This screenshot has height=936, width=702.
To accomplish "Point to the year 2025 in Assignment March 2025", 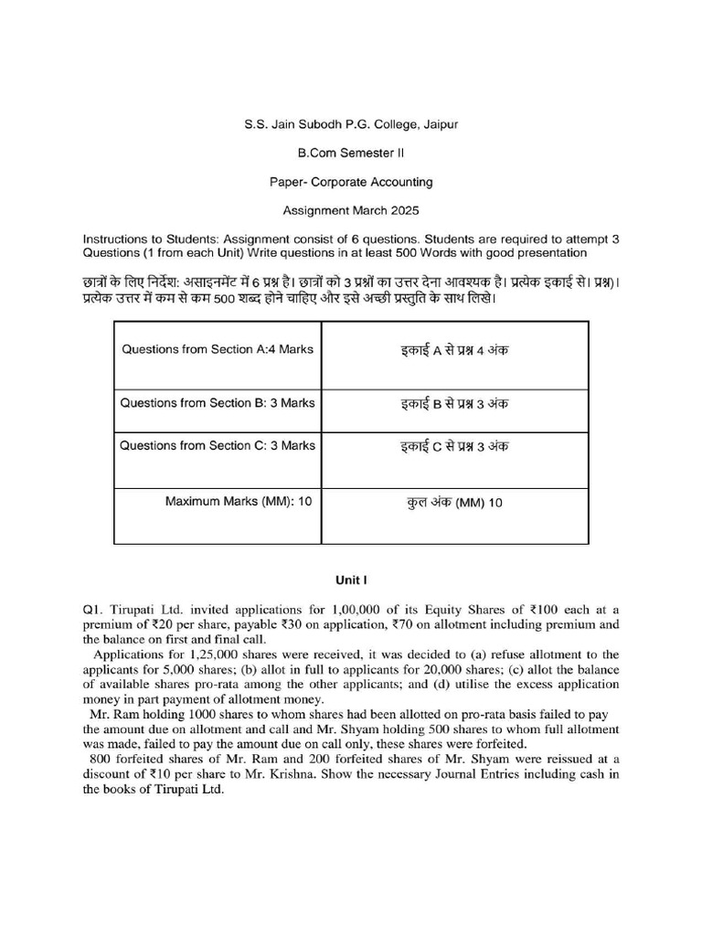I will tap(402, 211).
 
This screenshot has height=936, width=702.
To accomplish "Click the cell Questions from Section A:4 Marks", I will tap(218, 350).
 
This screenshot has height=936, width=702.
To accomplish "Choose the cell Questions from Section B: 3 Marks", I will tap(218, 403).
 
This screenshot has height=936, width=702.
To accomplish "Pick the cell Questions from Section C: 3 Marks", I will tap(218, 446).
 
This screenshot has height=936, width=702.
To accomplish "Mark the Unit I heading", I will tap(350, 580).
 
